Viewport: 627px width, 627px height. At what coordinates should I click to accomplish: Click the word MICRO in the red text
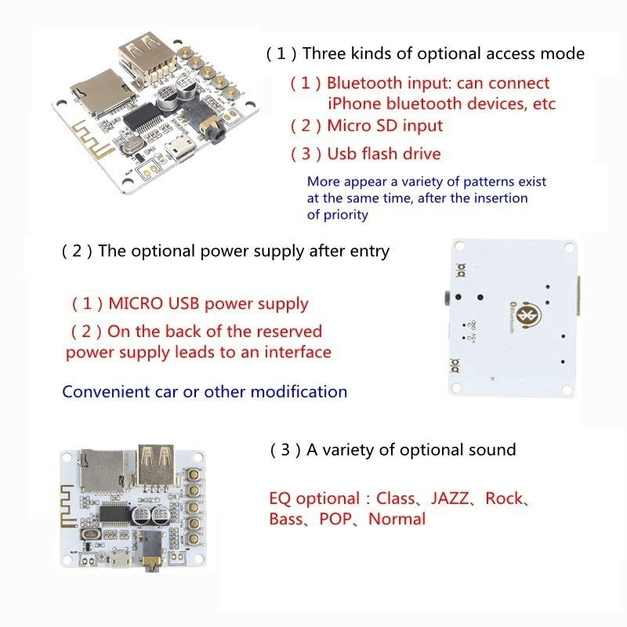pos(135,303)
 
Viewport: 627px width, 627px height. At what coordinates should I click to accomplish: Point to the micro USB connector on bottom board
pos(121,561)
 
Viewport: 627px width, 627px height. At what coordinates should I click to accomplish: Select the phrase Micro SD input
pos(384,125)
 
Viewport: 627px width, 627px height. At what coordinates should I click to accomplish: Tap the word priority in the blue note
pos(346,214)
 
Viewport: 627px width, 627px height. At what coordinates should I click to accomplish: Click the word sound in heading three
pos(491,450)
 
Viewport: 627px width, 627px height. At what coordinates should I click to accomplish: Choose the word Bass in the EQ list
pos(287,519)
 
